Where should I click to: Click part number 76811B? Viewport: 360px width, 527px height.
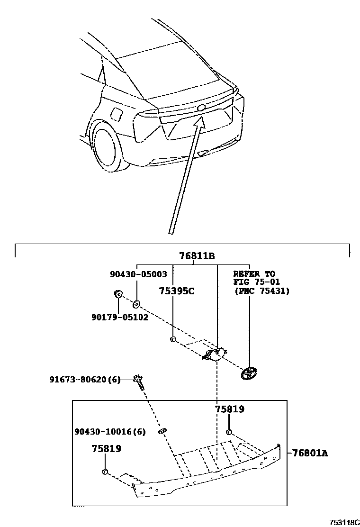pos(197,256)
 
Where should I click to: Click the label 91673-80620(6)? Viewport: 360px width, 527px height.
pos(85,379)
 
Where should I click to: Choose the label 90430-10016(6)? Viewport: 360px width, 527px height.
pos(110,431)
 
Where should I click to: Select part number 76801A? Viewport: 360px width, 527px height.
pos(310,453)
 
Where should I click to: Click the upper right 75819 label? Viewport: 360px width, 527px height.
pos(230,409)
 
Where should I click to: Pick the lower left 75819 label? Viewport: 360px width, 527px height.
pos(106,449)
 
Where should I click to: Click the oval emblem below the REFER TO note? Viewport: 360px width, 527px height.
pos(249,373)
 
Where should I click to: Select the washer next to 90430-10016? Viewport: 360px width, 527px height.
pos(162,431)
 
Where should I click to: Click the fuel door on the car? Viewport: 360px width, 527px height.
pos(116,114)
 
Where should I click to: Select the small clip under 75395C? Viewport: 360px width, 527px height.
pos(173,339)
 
